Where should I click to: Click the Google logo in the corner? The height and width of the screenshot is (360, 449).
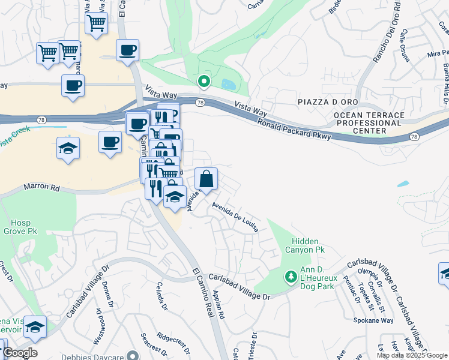pyautogui.click(x=20, y=353)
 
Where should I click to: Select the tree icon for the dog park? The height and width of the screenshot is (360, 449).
pyautogui.click(x=291, y=277)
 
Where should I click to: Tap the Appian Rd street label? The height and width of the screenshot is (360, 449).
pyautogui.click(x=218, y=305)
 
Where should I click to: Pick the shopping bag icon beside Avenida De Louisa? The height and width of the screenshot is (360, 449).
pyautogui.click(x=206, y=179)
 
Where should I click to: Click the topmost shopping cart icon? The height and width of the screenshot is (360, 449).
pyautogui.click(x=96, y=24)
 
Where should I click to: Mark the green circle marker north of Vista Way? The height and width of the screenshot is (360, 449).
pyautogui.click(x=204, y=82)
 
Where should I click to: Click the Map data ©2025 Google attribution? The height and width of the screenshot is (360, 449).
pyautogui.click(x=411, y=355)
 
